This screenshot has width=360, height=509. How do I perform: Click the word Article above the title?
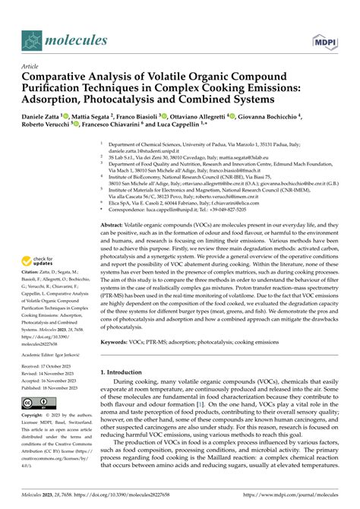[x=30, y=67]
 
